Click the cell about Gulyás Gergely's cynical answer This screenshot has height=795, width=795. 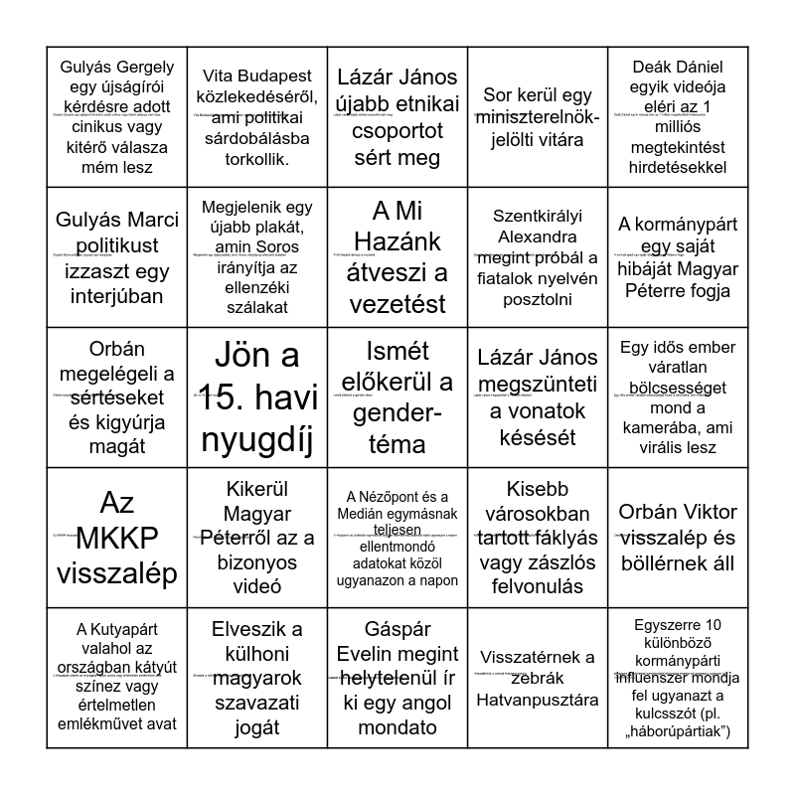[116, 117]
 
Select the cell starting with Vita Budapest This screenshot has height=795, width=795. [257, 117]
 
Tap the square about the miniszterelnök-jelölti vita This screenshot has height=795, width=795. [538, 117]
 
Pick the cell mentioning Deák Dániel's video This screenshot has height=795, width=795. [679, 117]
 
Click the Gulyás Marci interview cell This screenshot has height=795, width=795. [116, 257]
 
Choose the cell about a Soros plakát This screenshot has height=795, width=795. [257, 257]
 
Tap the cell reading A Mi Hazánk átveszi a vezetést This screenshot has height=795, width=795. [397, 257]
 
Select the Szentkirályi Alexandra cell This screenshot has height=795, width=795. [538, 257]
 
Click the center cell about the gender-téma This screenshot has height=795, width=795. [397, 397]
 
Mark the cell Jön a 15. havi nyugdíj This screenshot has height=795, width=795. [257, 397]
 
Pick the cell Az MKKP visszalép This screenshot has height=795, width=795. [116, 538]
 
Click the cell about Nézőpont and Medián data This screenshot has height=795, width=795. [397, 538]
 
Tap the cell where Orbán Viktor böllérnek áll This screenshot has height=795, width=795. [679, 538]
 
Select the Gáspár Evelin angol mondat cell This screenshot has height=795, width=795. [397, 679]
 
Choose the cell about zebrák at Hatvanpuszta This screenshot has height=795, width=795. [538, 679]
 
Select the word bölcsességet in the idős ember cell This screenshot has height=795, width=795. [679, 384]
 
